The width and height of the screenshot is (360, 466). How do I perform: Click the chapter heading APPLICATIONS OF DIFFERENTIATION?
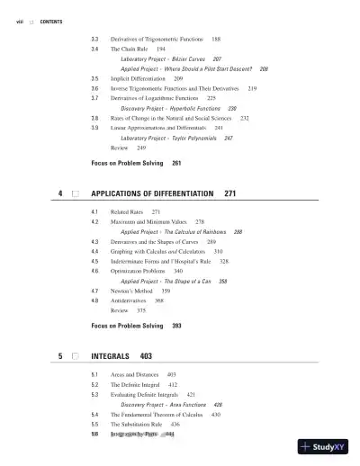pyautogui.click(x=152, y=193)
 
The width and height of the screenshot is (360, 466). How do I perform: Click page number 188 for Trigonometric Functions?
pyautogui.click(x=216, y=40)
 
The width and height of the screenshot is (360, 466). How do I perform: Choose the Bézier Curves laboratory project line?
pyautogui.click(x=171, y=58)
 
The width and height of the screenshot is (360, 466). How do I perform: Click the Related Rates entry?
pyautogui.click(x=127, y=211)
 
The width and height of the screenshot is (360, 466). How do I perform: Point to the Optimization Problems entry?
pyautogui.click(x=139, y=271)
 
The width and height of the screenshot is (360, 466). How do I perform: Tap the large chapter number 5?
pyautogui.click(x=59, y=356)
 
